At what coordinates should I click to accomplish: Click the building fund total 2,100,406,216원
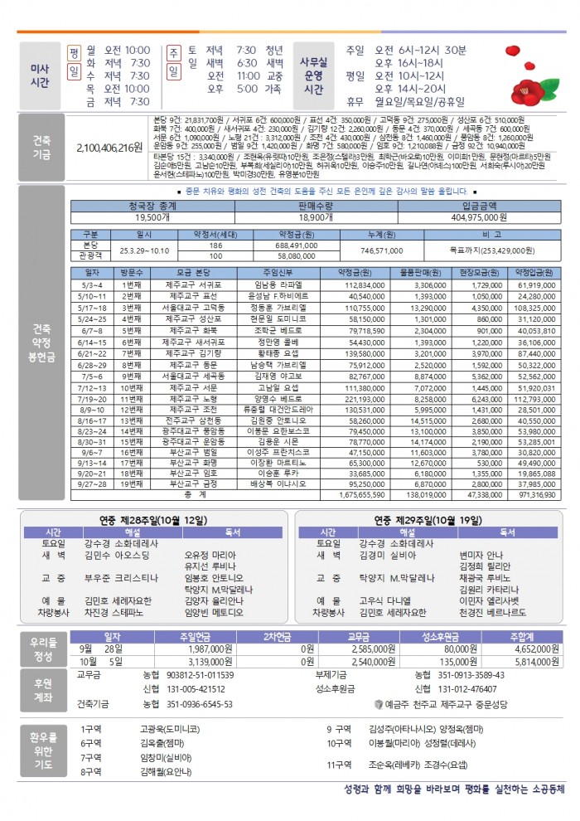pyautogui.click(x=109, y=148)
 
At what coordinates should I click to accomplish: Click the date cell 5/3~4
pyautogui.click(x=90, y=284)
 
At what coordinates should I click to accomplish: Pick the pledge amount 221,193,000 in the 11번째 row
pyautogui.click(x=361, y=398)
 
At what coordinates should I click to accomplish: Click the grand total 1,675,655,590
pyautogui.click(x=361, y=494)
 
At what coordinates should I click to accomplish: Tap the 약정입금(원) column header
pyautogui.click(x=534, y=273)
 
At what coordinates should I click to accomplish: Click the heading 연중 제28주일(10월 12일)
pyautogui.click(x=154, y=520)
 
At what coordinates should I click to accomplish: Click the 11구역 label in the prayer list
pyautogui.click(x=339, y=765)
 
